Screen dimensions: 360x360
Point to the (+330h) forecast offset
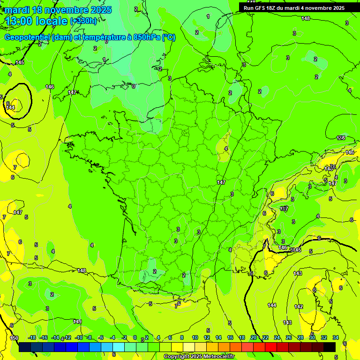tap(83, 21)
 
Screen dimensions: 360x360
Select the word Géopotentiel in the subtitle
tap(27, 37)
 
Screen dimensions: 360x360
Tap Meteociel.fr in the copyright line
tap(216, 357)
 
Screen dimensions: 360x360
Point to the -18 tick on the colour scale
tap(31, 337)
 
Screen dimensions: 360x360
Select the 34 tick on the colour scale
tap(336, 337)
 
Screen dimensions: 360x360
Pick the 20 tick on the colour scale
tap(254, 337)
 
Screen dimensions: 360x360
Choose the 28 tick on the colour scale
tap(300, 337)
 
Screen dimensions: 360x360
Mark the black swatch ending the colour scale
tap(330, 347)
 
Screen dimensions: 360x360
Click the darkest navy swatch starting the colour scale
tap(25, 347)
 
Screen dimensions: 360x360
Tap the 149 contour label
tap(78, 322)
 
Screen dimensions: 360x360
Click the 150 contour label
tap(14, 338)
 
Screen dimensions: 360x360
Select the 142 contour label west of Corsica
tap(299, 307)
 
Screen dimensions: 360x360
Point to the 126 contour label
tap(341, 138)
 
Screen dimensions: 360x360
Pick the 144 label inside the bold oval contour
tap(10, 107)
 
